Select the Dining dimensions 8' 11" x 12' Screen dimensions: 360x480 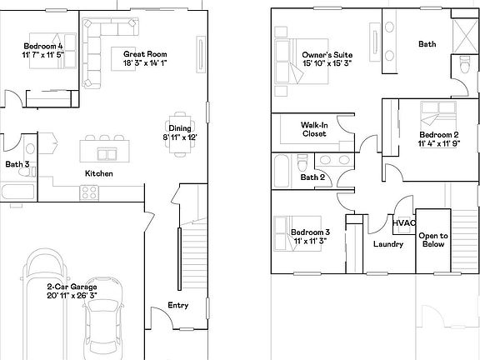pos(179,137)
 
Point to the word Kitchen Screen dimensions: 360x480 pos(98,173)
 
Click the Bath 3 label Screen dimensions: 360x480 pos(17,164)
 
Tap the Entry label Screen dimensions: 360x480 pos(177,306)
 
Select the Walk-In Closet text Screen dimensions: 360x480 pos(313,128)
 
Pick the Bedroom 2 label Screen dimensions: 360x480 pos(438,134)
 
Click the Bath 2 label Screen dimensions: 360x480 pos(311,177)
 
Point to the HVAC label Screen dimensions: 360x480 pos(404,222)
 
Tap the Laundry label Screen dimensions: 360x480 pos(389,244)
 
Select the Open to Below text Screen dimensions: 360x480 pos(432,240)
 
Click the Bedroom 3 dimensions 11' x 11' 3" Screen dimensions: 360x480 pos(310,241)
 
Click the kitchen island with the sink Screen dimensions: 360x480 pos(107,151)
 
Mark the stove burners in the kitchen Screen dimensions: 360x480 pos(87,192)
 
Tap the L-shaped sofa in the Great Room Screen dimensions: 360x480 pos(93,50)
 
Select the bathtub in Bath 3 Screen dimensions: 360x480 pos(17,193)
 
